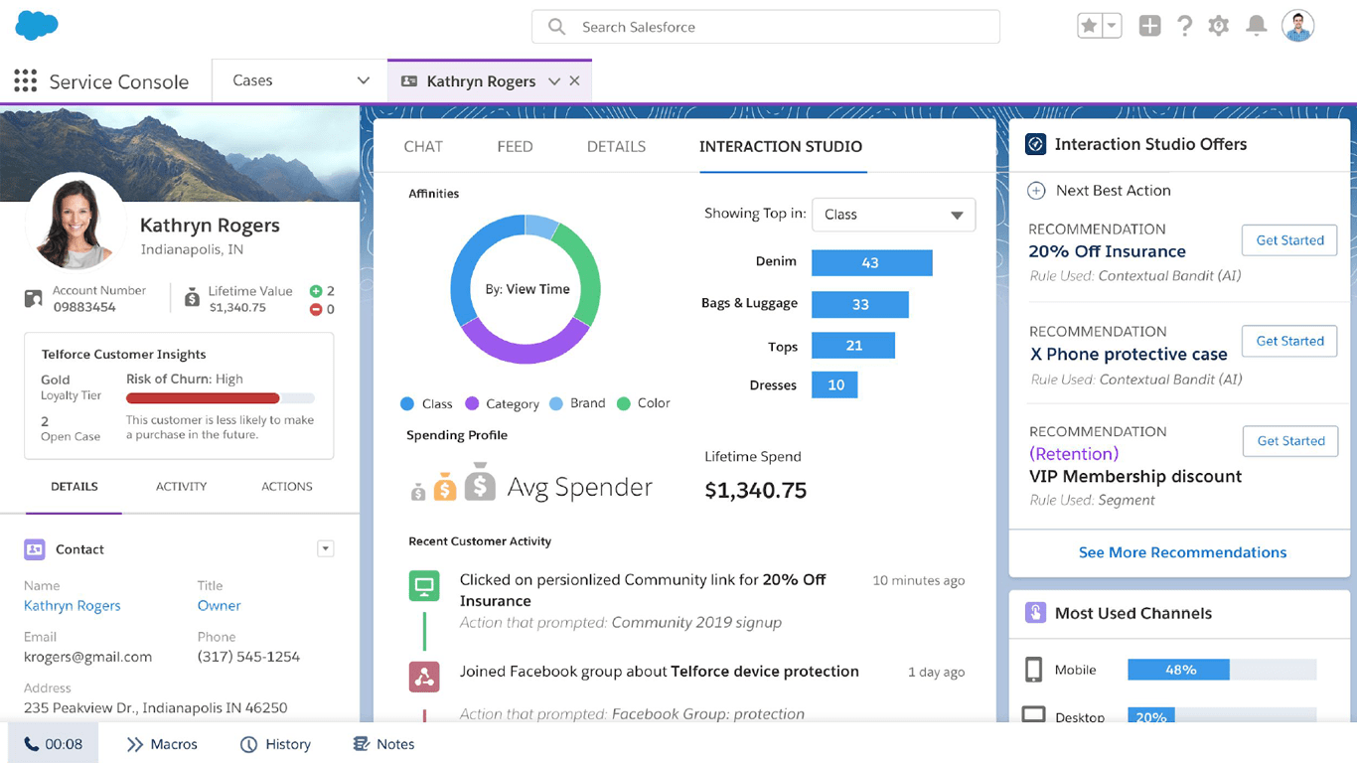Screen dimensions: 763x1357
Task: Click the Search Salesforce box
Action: click(765, 27)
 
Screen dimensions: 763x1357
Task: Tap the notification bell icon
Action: click(1257, 27)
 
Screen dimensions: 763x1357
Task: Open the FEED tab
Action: click(515, 146)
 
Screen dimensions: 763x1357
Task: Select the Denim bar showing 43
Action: click(871, 262)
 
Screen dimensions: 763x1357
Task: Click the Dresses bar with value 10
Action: click(834, 384)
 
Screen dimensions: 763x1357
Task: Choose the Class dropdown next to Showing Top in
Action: click(893, 215)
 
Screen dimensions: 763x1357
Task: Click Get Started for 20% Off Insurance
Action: click(1289, 240)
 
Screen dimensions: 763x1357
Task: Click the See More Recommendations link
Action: click(1182, 552)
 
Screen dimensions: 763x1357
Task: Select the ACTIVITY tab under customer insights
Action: click(181, 487)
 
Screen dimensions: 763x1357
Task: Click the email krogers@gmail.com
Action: click(87, 657)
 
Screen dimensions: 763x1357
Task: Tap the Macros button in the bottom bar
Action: click(162, 744)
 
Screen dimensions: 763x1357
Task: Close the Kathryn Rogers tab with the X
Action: click(574, 81)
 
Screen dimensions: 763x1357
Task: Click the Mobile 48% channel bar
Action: click(1178, 670)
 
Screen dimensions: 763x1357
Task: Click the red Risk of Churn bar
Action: click(203, 397)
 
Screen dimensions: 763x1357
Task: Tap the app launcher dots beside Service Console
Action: click(26, 80)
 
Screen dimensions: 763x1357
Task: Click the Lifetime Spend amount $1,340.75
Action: click(755, 490)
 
